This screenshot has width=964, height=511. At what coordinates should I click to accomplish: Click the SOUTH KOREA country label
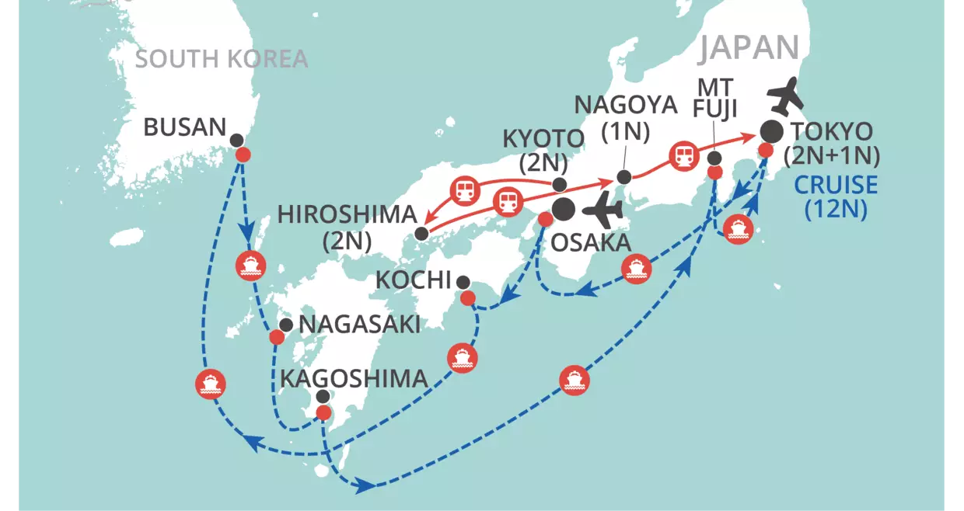click(222, 59)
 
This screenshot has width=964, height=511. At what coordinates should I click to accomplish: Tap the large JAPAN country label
click(748, 48)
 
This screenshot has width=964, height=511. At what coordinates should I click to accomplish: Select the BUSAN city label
click(184, 127)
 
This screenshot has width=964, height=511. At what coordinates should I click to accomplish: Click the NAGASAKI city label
click(359, 325)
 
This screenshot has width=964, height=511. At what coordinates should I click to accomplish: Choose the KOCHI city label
click(414, 280)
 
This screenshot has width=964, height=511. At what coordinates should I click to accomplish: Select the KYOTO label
click(543, 140)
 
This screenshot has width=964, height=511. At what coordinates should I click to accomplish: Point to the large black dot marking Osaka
click(564, 208)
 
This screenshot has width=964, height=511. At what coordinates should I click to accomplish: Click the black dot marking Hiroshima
click(421, 233)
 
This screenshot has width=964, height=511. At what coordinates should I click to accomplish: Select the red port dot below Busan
click(243, 155)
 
